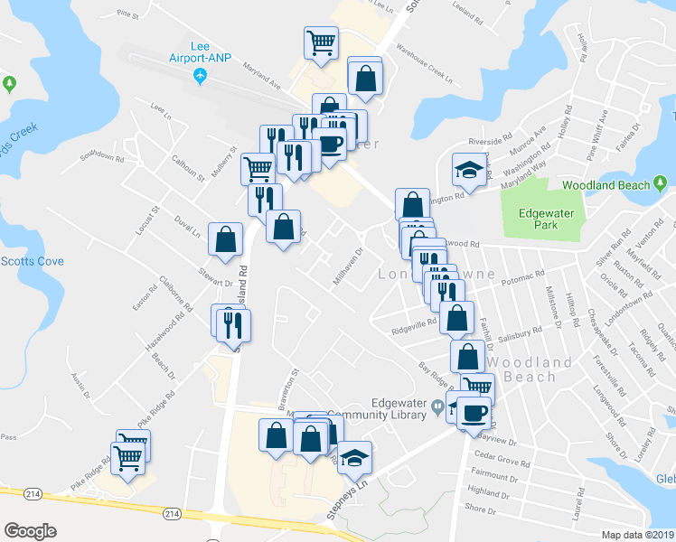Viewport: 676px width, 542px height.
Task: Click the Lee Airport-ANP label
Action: click(x=200, y=52)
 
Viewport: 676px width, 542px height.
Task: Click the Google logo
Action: click(x=30, y=531)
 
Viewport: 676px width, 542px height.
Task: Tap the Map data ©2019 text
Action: click(x=637, y=535)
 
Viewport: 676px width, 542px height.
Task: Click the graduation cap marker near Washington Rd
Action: click(x=469, y=169)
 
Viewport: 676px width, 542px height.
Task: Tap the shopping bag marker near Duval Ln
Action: click(x=225, y=240)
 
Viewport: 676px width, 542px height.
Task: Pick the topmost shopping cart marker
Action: click(x=321, y=42)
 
